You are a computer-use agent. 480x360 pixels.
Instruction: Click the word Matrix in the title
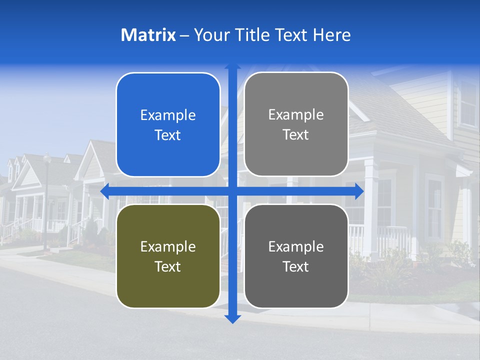(148, 35)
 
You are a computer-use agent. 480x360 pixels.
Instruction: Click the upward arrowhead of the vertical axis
(232, 66)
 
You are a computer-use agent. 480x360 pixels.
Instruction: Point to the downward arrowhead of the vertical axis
(232, 318)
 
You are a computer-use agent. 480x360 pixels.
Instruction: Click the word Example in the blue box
(168, 115)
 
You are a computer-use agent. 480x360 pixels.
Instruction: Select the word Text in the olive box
(168, 267)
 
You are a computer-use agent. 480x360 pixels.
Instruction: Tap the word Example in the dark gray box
(296, 246)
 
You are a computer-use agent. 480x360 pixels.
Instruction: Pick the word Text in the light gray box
(296, 135)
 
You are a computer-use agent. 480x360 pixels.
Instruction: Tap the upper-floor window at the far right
(468, 110)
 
